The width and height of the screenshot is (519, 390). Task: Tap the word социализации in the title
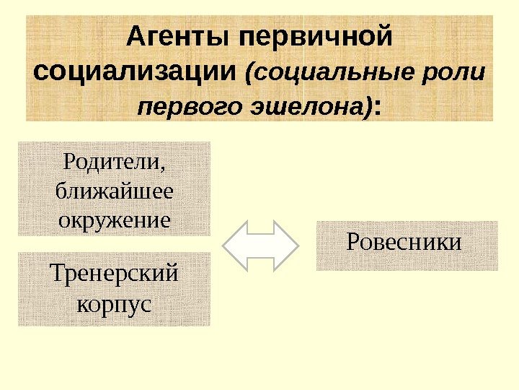tap(136, 72)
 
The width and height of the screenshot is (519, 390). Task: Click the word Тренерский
tap(115, 275)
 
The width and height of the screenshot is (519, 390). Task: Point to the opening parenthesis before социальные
tap(250, 74)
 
